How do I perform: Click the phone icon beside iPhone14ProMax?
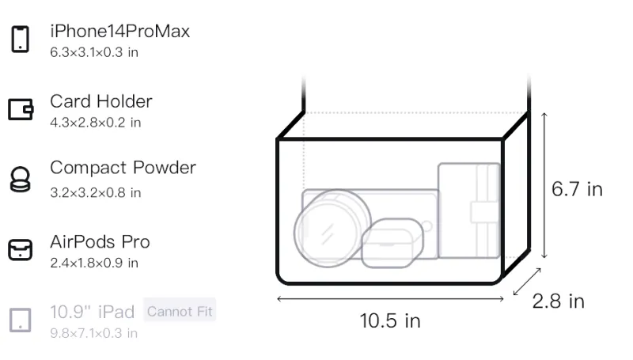pos(21,39)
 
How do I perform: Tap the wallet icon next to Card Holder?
pos(21,109)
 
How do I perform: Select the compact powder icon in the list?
pos(20,179)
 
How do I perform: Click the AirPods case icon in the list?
pos(21,249)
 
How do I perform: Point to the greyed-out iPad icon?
pos(21,320)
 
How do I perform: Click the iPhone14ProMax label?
pos(120,31)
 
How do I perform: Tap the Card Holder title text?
pos(101,101)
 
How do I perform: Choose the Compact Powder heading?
pos(123,168)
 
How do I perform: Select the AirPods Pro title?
pos(100,242)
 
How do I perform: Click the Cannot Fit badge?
pos(180,311)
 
